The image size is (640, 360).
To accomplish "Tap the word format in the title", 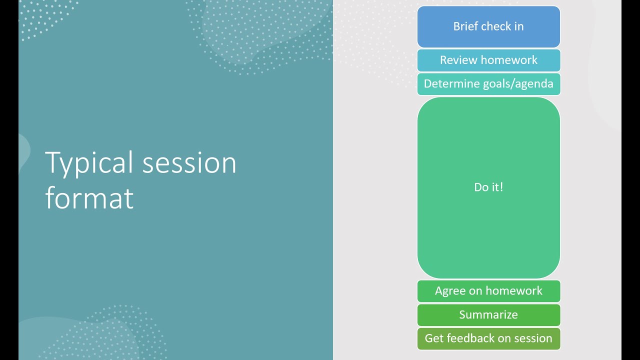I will pyautogui.click(x=89, y=198).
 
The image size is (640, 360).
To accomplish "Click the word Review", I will pyautogui.click(x=455, y=60).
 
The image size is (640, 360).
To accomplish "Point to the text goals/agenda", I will pyautogui.click(x=517, y=83).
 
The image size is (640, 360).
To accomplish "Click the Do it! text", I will pyautogui.click(x=488, y=187).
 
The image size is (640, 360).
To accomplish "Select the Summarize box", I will pyautogui.click(x=488, y=315).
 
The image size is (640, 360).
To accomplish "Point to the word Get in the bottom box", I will pyautogui.click(x=433, y=338).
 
